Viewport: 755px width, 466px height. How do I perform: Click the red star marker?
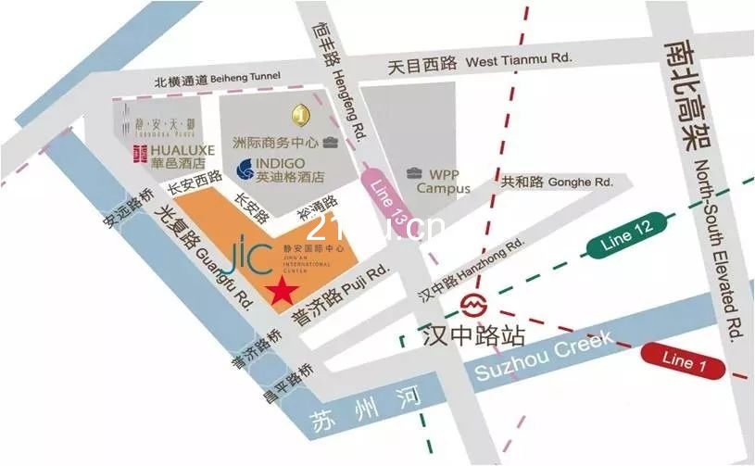pos(283,291)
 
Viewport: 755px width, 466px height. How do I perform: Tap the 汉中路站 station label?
pos(473,334)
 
